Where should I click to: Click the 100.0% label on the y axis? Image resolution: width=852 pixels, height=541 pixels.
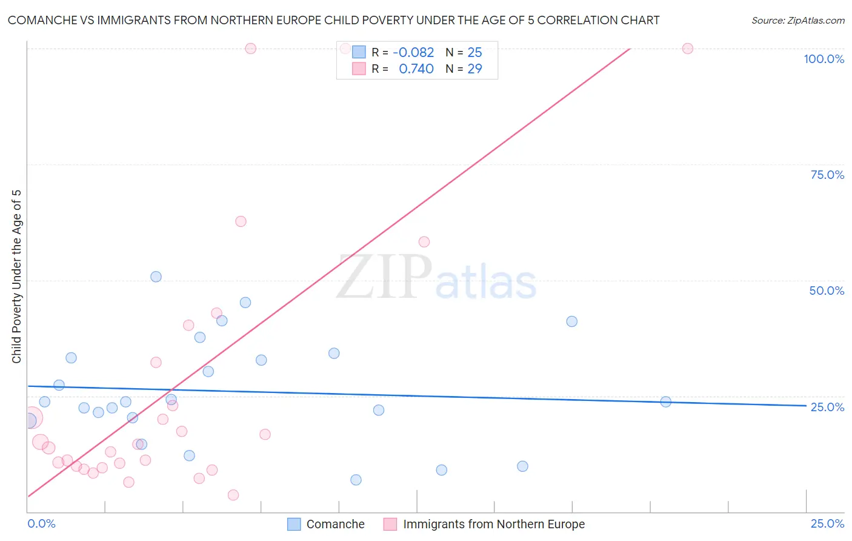(824, 59)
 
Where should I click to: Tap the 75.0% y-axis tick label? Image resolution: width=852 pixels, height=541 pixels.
(827, 175)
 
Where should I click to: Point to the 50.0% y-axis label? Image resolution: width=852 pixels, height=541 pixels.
(827, 291)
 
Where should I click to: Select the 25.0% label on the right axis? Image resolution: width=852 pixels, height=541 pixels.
(827, 407)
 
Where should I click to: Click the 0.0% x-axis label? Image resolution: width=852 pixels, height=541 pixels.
(41, 523)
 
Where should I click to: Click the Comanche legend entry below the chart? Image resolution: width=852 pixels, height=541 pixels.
(335, 524)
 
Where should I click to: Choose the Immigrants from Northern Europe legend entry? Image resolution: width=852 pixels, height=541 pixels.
(493, 524)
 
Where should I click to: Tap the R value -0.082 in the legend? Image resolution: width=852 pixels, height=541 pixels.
(413, 53)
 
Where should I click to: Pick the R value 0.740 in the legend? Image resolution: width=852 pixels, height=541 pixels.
(416, 69)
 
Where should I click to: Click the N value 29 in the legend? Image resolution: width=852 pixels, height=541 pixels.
(474, 69)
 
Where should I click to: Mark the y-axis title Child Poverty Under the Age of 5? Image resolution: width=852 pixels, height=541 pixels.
(16, 277)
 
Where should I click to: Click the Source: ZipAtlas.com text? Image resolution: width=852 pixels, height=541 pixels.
(797, 20)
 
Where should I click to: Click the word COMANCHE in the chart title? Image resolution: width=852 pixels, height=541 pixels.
(44, 20)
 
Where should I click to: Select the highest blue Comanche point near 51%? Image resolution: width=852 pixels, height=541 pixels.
(156, 277)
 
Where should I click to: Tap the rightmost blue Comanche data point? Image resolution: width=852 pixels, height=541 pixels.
(665, 402)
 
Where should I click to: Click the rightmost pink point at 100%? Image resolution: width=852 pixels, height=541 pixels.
(687, 49)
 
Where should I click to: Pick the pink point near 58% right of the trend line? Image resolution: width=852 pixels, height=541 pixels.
(424, 242)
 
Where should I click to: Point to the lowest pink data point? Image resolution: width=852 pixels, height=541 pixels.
(233, 495)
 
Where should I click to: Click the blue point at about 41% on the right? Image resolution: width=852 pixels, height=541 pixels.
(571, 321)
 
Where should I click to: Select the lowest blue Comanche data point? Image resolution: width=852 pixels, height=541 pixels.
(356, 480)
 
